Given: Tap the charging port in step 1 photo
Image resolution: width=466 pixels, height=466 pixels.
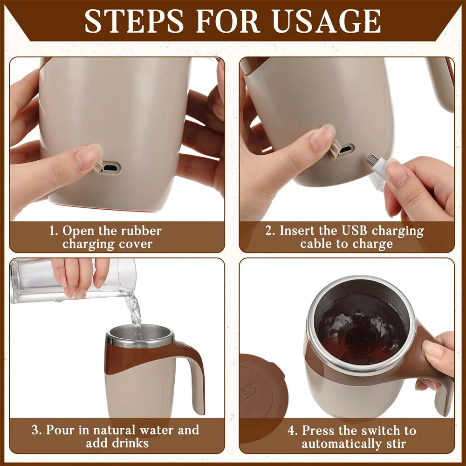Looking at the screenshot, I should pos(111,168).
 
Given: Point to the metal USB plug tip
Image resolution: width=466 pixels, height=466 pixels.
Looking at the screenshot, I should pos(371,159).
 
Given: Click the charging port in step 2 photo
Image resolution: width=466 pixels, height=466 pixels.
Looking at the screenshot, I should pos(345,150).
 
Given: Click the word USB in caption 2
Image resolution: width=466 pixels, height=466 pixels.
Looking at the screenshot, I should pos(355,231).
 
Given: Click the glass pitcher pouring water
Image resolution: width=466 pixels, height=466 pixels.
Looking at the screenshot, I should pos(70,280).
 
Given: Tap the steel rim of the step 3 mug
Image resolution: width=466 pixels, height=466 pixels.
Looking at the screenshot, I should pos(140,343).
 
